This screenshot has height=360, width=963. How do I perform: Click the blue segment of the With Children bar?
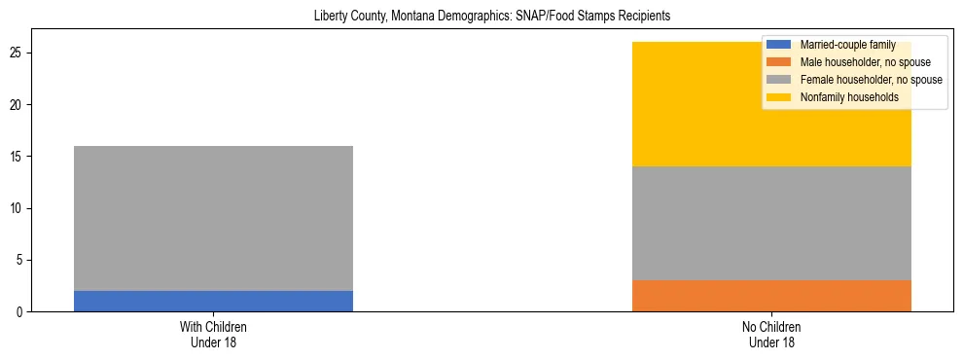213,301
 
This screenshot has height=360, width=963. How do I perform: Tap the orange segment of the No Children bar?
771,296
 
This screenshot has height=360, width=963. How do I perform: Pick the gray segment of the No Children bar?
771,223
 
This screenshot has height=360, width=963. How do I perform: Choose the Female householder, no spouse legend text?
871,80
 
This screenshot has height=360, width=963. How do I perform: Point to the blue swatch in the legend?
779,44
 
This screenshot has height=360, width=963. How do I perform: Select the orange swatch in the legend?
779,61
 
